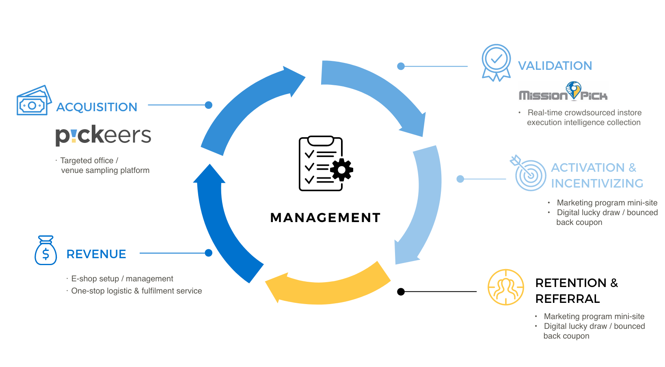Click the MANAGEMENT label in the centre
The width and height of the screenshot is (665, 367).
coord(325,218)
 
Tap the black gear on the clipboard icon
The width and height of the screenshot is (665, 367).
coord(341,170)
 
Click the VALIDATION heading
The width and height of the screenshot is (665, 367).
coord(555,66)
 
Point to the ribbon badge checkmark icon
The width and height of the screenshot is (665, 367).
coord(496,62)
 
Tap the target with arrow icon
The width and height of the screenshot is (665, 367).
coord(529,173)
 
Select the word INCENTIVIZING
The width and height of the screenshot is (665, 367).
coord(597,183)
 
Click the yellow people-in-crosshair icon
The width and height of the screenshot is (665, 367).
coord(506,287)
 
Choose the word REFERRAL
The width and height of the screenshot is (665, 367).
coord(568,299)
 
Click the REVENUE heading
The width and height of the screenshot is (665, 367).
coord(96,254)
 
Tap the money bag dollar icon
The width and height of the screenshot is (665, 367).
coord(45,251)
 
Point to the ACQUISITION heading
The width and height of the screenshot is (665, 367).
coord(97,107)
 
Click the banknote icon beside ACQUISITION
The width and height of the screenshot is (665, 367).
coord(34,101)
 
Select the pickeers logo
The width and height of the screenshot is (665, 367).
coord(103,135)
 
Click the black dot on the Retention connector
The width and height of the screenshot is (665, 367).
coord(401,291)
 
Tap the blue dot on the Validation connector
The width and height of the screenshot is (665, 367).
coord(401,66)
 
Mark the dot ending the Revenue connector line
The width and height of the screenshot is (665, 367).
coord(209,253)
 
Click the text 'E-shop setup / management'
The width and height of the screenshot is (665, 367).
coord(122,279)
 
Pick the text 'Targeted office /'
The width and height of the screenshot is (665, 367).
coord(89,161)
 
